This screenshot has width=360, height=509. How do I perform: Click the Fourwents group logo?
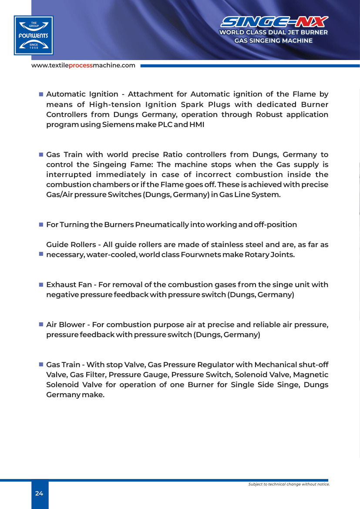click(x=34, y=35)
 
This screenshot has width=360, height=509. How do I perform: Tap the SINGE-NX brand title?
click(x=274, y=22)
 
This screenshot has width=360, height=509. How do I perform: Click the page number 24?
click(x=39, y=493)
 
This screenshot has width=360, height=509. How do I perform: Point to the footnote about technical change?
click(x=289, y=484)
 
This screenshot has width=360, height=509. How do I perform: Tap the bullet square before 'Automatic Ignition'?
click(x=41, y=94)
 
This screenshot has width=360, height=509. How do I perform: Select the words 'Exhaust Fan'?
click(x=69, y=285)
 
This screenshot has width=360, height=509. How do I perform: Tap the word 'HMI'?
click(x=196, y=124)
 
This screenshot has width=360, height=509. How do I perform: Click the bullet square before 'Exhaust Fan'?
click(x=41, y=285)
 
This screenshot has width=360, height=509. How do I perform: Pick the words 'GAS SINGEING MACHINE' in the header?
click(x=273, y=40)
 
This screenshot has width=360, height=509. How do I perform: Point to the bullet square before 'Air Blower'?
click(x=41, y=325)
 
